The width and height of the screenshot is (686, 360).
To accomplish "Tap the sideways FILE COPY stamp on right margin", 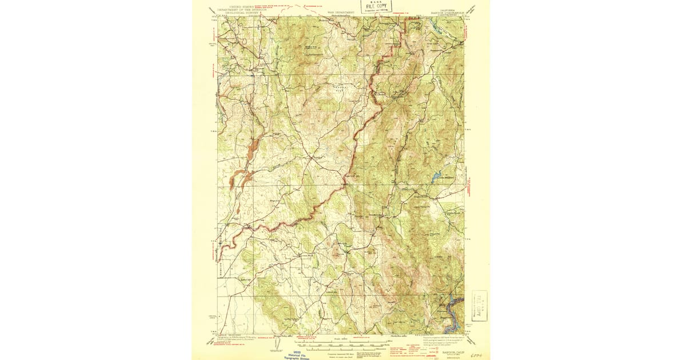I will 479,306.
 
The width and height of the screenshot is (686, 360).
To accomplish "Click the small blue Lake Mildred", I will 438,177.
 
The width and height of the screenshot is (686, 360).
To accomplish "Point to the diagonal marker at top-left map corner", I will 213,10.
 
